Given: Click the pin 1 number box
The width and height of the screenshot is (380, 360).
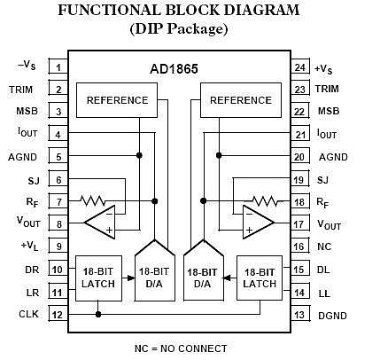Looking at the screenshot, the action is coord(58,67).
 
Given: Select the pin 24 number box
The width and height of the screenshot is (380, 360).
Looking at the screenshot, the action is coord(300,67).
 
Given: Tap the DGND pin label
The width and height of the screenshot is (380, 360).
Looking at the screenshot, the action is coord(332,316).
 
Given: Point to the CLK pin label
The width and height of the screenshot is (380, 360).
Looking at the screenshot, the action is coord(28,314).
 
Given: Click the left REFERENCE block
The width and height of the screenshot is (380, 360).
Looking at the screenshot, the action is coord(117,100).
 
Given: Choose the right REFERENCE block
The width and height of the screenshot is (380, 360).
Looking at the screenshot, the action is coord(241,100).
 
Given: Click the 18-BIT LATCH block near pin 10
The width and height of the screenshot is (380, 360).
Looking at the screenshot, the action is coord(98,278).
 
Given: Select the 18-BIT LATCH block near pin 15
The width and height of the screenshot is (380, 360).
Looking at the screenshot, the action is coord(260,278).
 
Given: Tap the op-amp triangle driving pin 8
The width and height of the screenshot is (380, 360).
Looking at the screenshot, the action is coord(100,222).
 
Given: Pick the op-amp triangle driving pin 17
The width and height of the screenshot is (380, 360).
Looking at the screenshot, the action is coord(259,222).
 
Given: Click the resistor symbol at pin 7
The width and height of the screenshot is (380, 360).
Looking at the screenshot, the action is coord(92,201).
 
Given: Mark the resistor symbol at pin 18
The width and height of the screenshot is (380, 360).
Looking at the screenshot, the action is coord(265,201).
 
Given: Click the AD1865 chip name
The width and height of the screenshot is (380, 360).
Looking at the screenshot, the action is coord(174,69).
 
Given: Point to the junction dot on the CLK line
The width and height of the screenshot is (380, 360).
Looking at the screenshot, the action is coord(98,314).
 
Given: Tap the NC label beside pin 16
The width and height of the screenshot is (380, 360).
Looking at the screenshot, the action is coord(324,247).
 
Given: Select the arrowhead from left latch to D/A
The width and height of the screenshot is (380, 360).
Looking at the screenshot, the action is coord(131,278).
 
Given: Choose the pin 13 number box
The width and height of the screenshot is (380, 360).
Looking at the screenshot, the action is coord(300,315).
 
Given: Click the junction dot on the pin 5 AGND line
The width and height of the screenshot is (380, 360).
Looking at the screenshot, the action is coord(139,155).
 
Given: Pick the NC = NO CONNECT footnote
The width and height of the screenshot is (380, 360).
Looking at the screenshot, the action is coord(181,348).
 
